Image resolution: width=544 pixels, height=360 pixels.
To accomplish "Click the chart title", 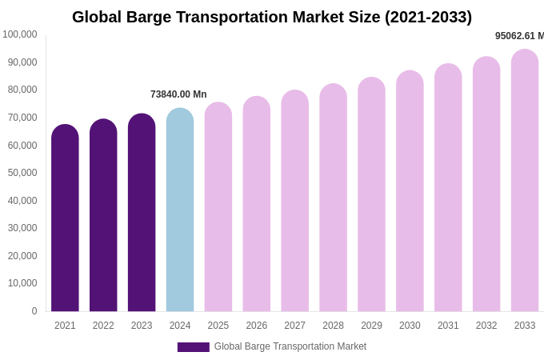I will (x=272, y=17).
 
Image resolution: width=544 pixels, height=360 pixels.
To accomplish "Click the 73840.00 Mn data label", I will (x=178, y=94).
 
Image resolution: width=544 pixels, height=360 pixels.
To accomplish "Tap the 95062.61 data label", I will (x=519, y=36).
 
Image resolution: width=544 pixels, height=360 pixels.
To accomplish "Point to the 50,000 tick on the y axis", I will (x=22, y=173).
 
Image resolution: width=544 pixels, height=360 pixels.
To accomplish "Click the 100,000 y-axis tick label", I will (x=20, y=34).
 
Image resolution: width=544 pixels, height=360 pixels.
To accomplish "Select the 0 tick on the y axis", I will (x=34, y=311).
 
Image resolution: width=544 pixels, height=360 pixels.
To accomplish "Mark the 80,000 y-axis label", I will (x=22, y=90).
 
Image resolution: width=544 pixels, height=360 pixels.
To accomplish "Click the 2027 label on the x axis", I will (x=294, y=326).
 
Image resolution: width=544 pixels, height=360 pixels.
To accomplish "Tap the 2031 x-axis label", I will (x=448, y=326).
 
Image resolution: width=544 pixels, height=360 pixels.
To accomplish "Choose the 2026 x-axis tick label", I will (x=256, y=326).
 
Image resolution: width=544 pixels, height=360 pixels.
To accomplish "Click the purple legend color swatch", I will (x=193, y=347).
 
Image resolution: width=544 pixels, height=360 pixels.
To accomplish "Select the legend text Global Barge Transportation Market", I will (x=290, y=346).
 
